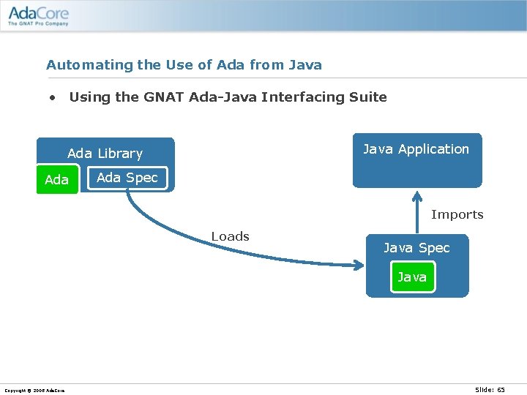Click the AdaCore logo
coord(37,13)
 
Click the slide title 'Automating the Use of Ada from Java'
coord(184,65)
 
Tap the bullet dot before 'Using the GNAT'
coord(53,97)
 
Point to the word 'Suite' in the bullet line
coord(367,97)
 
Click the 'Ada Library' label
coord(105,154)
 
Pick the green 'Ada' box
coord(57,180)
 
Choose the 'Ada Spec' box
coord(127,178)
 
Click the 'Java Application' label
coord(416,149)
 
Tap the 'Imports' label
coord(457,214)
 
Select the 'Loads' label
coord(230,236)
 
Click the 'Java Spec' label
coord(416,248)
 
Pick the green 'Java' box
coord(412,277)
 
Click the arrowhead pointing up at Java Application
coord(417,196)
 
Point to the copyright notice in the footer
coord(34,391)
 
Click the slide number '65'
coord(501,390)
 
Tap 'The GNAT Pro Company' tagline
coord(38,23)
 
